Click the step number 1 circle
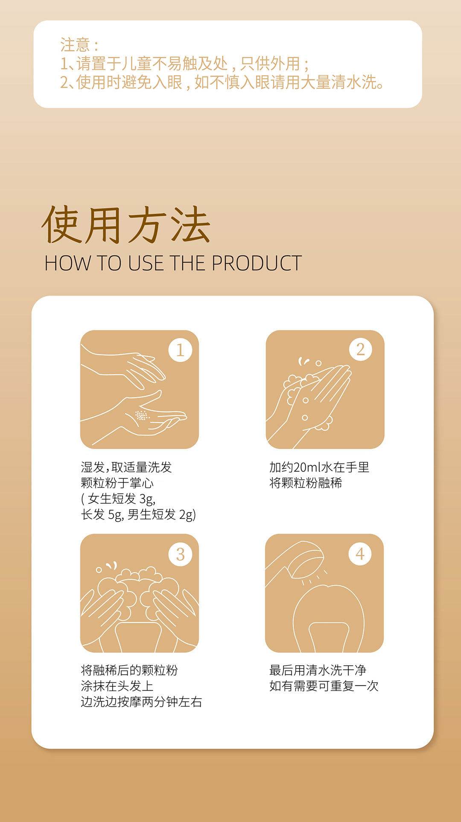pyautogui.click(x=180, y=350)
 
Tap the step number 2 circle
pyautogui.click(x=361, y=349)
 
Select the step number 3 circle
pyautogui.click(x=181, y=554)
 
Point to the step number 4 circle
pyautogui.click(x=360, y=554)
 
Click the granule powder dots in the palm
pyautogui.click(x=141, y=415)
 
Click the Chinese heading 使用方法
pyautogui.click(x=126, y=225)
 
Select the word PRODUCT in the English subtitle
pyautogui.click(x=257, y=263)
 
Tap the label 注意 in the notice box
pyautogui.click(x=75, y=45)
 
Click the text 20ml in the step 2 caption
pyautogui.click(x=307, y=467)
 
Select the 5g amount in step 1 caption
pyautogui.click(x=116, y=515)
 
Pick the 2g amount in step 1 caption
pyautogui.click(x=187, y=515)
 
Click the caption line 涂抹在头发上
pyautogui.click(x=117, y=686)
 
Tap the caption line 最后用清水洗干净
pyautogui.click(x=318, y=670)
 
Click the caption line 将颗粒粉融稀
pyautogui.click(x=306, y=483)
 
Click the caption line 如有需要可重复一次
pyautogui.click(x=324, y=686)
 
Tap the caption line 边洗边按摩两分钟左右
pyautogui.click(x=141, y=702)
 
